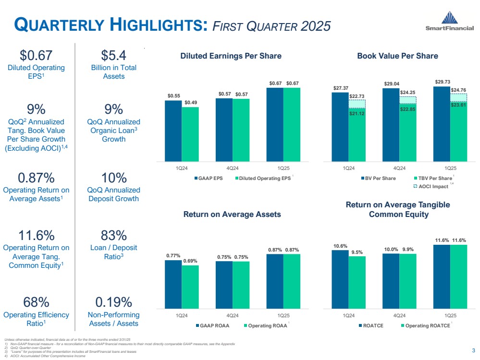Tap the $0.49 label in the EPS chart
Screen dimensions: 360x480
point(190,102)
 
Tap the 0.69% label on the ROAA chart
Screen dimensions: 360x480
point(190,261)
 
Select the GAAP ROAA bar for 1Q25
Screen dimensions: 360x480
point(275,280)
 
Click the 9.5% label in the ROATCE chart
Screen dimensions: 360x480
point(357,252)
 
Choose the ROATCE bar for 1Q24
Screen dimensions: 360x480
point(340,278)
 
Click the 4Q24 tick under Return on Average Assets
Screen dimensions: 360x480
point(232,315)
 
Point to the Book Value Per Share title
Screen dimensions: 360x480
point(397,56)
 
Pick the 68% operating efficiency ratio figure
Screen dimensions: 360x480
point(37,302)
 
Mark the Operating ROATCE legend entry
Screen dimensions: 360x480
point(425,326)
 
